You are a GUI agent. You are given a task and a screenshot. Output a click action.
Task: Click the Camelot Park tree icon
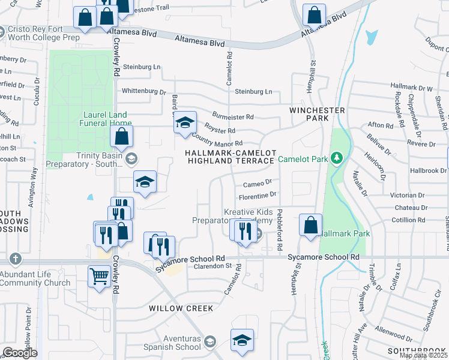pyautogui.click(x=337, y=158)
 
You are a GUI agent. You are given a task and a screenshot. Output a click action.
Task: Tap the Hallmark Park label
pyautogui.click(x=345, y=233)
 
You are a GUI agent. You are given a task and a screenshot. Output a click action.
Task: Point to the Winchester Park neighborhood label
pyautogui.click(x=317, y=114)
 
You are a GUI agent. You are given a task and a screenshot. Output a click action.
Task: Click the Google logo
pyautogui.click(x=20, y=353)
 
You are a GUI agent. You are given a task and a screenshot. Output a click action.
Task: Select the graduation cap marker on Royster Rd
pyautogui.click(x=185, y=123)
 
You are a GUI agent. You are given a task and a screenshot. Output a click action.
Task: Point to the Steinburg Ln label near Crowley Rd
pyautogui.click(x=142, y=67)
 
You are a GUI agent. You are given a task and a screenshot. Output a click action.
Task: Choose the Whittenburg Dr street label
pyautogui.click(x=143, y=92)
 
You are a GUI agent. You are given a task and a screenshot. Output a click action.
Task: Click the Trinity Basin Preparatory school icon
pyautogui.click(x=131, y=158)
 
